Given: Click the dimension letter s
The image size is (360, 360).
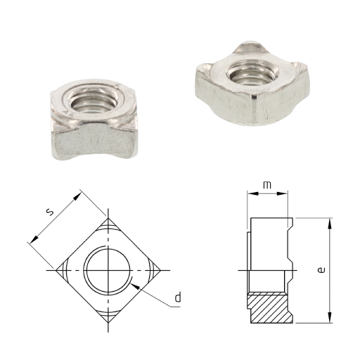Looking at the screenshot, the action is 50,212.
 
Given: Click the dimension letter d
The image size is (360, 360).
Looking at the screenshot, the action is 178,297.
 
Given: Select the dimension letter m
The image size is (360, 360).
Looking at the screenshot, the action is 267,185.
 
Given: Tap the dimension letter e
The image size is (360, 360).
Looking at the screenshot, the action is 321,270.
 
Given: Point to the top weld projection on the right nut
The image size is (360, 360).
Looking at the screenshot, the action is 250,49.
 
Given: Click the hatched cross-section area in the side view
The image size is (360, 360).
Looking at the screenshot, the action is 270,307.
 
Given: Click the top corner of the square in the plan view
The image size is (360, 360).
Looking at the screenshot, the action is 108,218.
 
